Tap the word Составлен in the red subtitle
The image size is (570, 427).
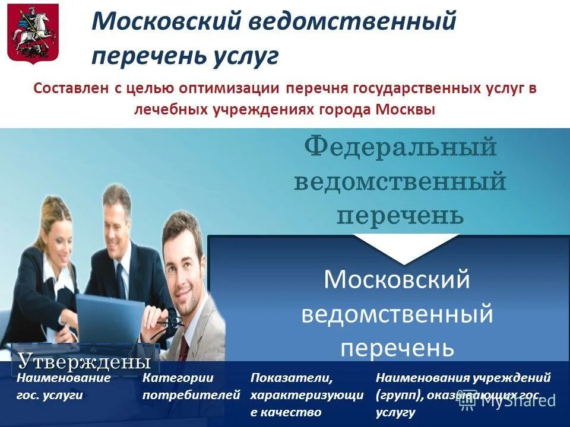point(68,88)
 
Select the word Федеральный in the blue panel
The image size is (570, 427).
point(401,147)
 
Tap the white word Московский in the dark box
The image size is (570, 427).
point(397,279)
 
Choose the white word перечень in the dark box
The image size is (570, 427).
point(397,347)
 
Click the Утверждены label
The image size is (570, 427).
point(83,361)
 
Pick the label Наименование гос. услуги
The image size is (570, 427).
point(64,385)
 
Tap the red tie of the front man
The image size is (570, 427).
point(183,346)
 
